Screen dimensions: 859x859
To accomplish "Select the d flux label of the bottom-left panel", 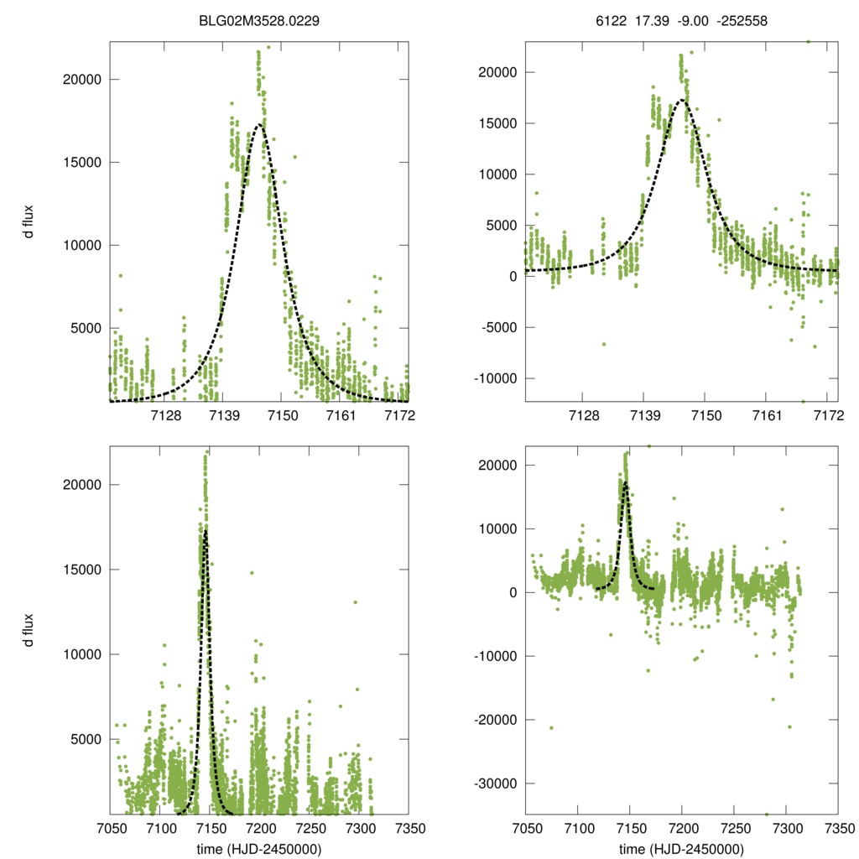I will [x=29, y=630].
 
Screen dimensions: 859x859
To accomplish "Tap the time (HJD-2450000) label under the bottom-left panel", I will [x=259, y=848].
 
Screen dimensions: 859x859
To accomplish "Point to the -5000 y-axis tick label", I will [x=496, y=327].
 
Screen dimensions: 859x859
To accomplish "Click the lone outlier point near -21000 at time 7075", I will [x=551, y=727].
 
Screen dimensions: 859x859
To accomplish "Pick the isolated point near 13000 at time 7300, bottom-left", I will [x=355, y=602].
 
